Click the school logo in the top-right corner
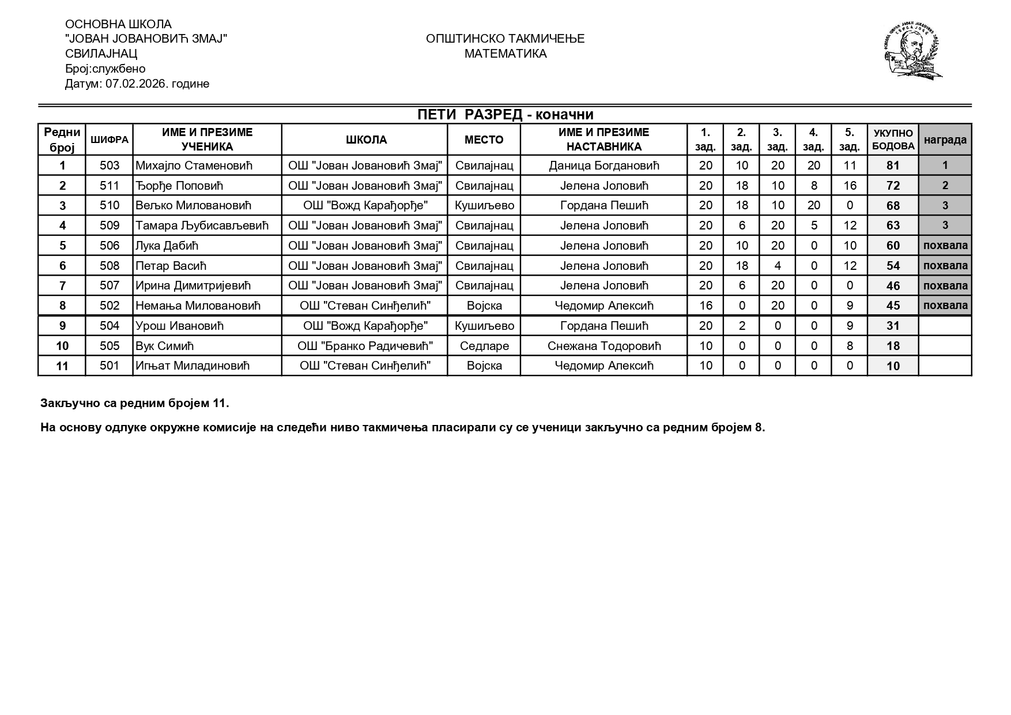coord(913,51)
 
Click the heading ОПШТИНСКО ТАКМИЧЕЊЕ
coord(505,39)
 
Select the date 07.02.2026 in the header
coord(133,84)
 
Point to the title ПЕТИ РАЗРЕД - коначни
coord(505,115)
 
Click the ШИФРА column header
coord(109,140)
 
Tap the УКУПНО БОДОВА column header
coord(893,140)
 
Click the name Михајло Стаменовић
coord(194,165)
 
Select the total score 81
coord(893,165)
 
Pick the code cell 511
coord(109,186)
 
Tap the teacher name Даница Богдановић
coord(603,165)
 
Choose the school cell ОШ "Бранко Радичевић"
coord(365,346)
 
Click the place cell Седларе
coord(484,346)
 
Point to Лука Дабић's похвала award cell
coord(945,246)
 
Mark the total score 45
coord(893,306)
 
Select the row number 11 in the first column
coord(62,366)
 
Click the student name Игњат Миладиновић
coord(193,366)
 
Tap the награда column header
coord(945,140)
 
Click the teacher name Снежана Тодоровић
coord(603,346)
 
